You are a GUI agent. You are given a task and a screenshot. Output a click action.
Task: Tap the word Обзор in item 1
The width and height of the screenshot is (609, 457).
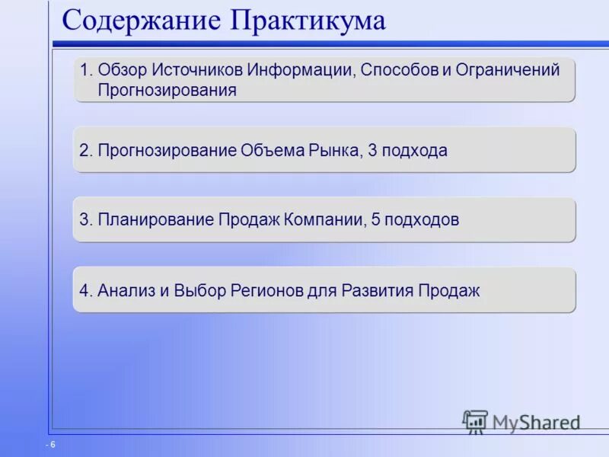tap(123, 70)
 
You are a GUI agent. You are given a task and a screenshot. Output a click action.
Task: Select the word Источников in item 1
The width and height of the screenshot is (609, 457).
tap(196, 70)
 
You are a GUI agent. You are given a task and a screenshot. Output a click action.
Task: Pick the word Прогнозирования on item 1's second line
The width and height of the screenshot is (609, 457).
tap(167, 90)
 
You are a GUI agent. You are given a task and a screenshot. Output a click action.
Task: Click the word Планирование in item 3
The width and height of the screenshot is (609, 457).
tap(156, 220)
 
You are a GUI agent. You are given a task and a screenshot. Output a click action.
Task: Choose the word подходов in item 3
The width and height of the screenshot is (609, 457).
tap(422, 220)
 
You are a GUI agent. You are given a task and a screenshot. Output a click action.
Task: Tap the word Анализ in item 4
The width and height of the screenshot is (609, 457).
tap(122, 290)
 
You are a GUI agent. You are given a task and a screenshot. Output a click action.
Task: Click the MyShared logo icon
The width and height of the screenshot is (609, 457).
tap(475, 421)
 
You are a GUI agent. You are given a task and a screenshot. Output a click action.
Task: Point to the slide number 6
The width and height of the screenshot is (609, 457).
tap(53, 444)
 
